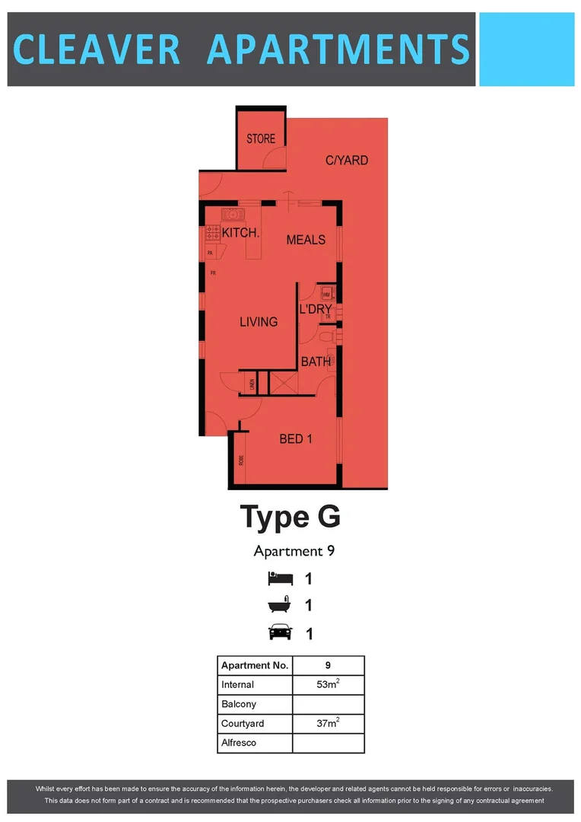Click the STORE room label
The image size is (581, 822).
pos(261,139)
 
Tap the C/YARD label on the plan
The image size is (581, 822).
pos(347,161)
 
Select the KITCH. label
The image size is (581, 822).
pos(240,234)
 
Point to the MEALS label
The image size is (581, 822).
pos(306,240)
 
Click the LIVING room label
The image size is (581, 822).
pos(259,322)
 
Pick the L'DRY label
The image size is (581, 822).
pos(316,310)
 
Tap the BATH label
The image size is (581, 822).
pos(316,362)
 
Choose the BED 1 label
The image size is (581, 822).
pos(297,439)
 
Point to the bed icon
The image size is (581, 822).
pos(279,578)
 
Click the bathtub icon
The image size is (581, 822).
pos(279,606)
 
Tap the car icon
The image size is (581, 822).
pos(279,632)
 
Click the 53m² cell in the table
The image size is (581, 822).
pos(328,684)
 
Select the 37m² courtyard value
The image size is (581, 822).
pos(328,723)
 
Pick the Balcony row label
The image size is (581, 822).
pos(239,704)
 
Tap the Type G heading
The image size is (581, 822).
pos(290,518)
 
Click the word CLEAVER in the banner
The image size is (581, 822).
pos(97,49)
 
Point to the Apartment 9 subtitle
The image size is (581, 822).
pos(294,551)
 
